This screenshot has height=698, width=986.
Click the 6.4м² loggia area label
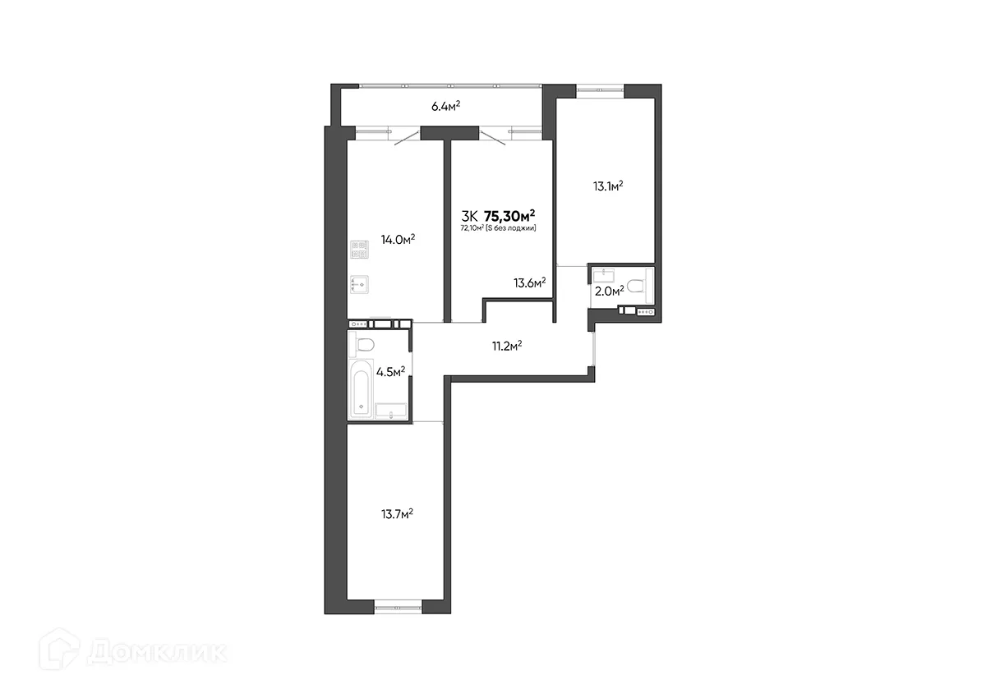point(445,106)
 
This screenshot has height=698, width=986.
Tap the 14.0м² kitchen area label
point(398,240)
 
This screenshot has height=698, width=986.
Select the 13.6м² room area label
point(530,283)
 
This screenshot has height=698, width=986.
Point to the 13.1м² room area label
point(607,186)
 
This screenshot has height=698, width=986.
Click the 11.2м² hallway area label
point(507,346)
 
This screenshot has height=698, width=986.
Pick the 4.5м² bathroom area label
point(390,371)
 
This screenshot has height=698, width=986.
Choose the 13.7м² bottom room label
point(396,514)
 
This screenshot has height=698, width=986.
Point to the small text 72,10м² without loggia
point(498,228)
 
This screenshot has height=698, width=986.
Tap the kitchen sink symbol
point(360,284)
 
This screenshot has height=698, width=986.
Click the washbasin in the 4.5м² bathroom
point(392,411)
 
